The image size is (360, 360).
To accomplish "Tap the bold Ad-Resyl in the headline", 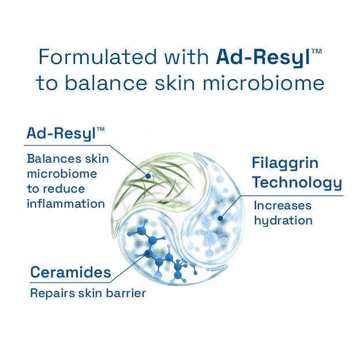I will tap(262, 57).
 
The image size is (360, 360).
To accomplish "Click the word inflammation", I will tap(65, 204).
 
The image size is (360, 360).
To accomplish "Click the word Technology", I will tap(297, 183).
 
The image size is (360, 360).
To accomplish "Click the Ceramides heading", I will tap(70, 272).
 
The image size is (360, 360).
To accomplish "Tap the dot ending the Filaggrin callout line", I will tap(219, 219).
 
